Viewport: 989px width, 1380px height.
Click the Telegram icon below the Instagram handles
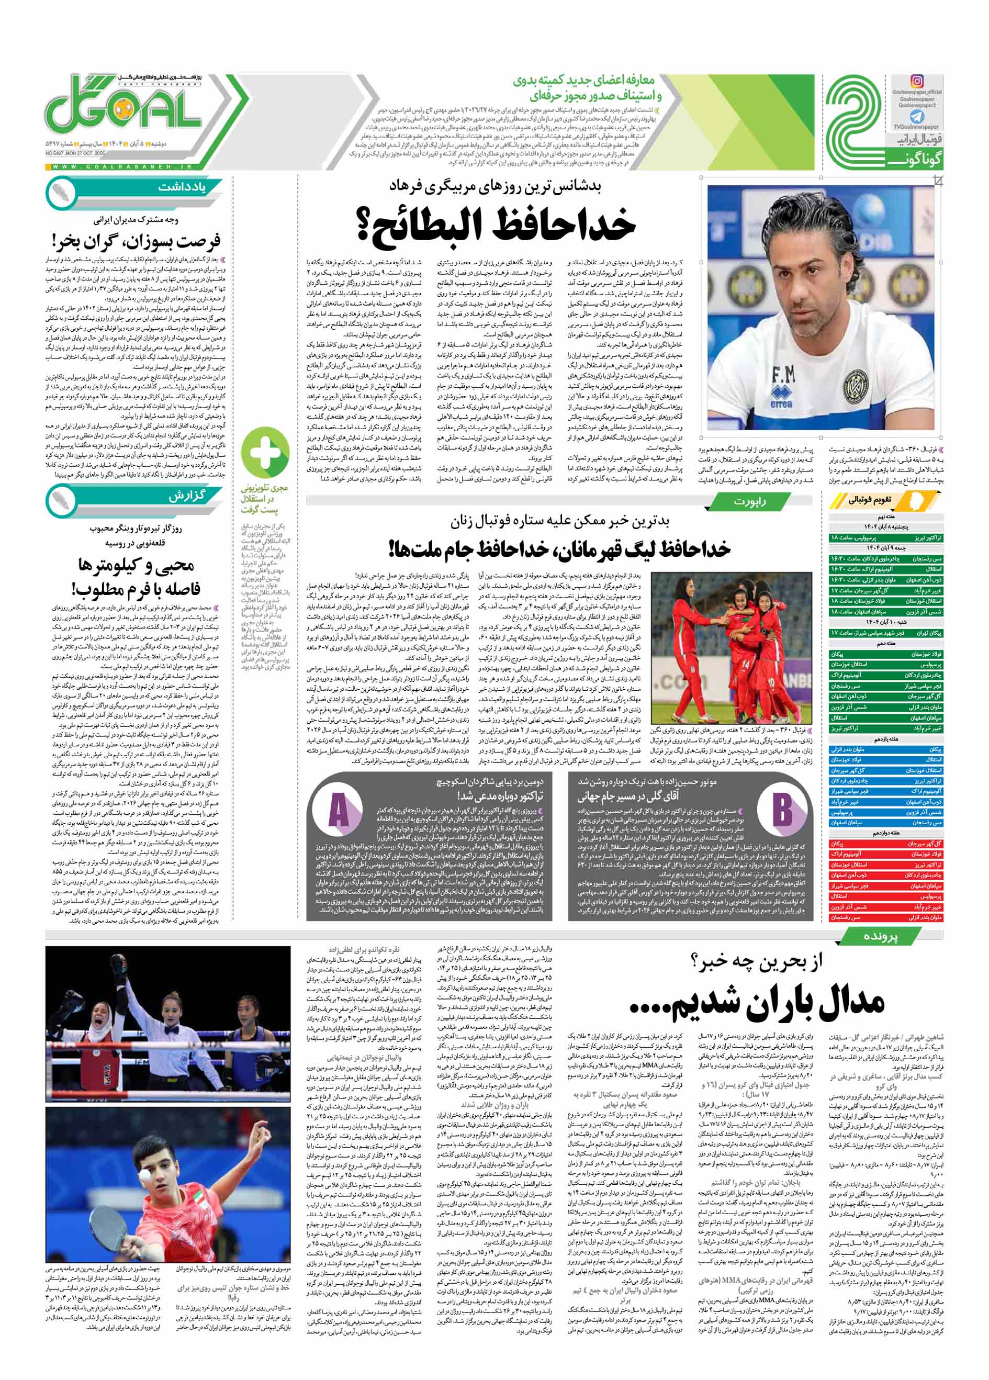coord(917,117)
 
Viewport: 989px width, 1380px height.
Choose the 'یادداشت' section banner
coord(180,187)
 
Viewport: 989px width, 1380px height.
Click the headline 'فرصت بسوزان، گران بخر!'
coord(136,240)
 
